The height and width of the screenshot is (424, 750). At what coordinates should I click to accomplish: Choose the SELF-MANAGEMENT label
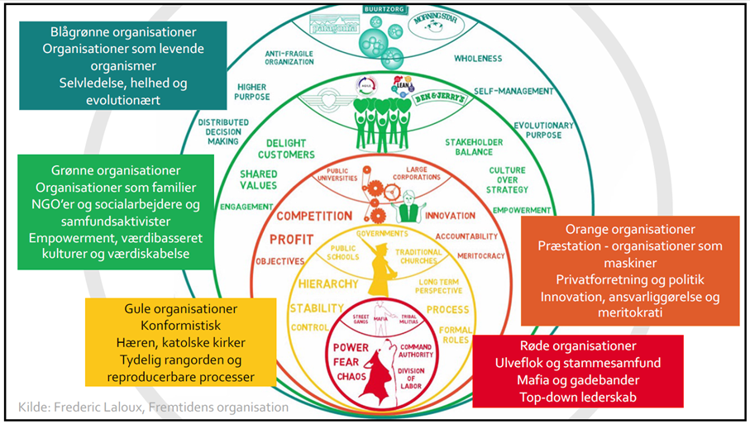pyautogui.click(x=512, y=90)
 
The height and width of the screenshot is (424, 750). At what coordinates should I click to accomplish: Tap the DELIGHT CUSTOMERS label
pyautogui.click(x=286, y=148)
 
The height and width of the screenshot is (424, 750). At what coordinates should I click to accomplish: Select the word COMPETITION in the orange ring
pyautogui.click(x=313, y=216)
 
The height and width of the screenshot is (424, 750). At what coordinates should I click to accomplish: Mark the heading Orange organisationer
pyautogui.click(x=630, y=229)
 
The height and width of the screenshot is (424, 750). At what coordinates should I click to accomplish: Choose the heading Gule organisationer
pyautogui.click(x=180, y=308)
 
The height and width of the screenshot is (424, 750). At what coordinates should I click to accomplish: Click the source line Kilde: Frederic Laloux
pyautogui.click(x=154, y=407)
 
